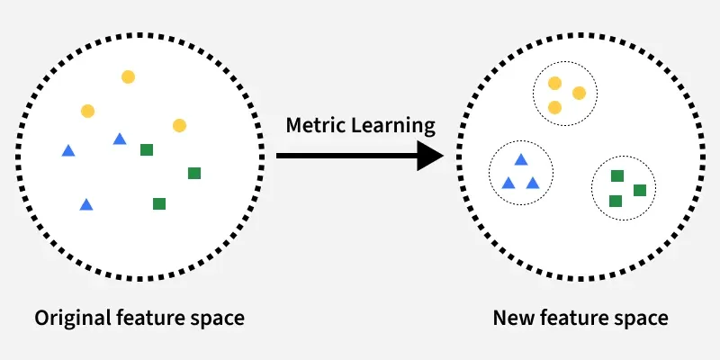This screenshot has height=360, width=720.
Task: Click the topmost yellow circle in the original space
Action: coord(128,77)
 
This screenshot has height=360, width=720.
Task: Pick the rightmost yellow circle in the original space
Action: coord(179,125)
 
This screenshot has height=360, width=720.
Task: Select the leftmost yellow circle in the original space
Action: coord(87,111)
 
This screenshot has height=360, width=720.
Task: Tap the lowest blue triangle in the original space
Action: coord(86,205)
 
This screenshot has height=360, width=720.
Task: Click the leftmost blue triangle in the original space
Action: coord(67,150)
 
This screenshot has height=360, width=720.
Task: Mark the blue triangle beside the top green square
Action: coord(120,139)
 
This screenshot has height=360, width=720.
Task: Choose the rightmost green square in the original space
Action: coord(193,173)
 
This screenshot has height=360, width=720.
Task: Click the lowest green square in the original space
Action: coord(159,203)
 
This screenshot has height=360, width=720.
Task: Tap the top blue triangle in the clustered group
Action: coord(520,160)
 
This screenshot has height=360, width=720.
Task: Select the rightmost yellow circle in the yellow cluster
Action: coord(579,93)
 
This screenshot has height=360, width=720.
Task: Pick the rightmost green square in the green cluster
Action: coord(640,190)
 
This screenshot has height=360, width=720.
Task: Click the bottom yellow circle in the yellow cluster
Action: coord(554,107)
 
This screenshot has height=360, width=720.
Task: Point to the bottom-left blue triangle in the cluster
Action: coord(508,184)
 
